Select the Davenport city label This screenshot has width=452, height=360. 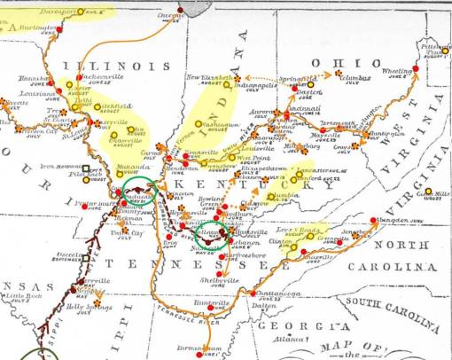[57, 12]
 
